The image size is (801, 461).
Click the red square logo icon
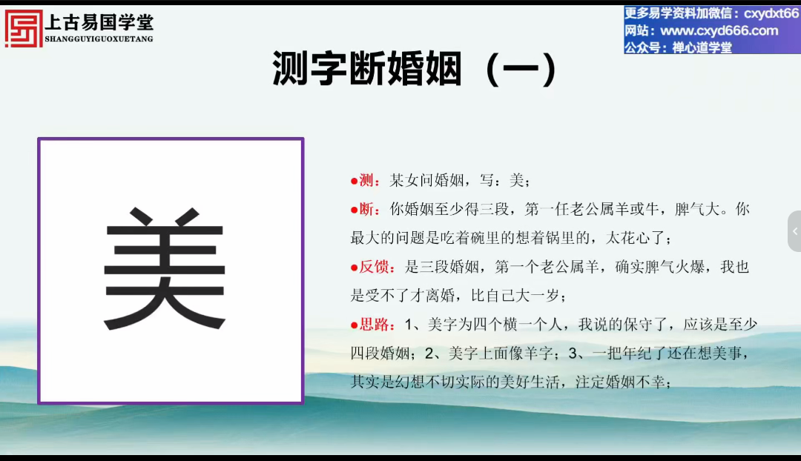click(x=24, y=29)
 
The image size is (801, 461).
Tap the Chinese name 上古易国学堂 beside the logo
click(x=99, y=22)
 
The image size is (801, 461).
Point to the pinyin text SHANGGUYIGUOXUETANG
click(x=99, y=39)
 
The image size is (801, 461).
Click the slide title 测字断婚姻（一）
click(x=415, y=68)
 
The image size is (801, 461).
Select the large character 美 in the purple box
click(x=165, y=269)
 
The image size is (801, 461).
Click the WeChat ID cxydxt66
click(x=771, y=13)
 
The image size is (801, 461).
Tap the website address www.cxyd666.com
click(x=719, y=30)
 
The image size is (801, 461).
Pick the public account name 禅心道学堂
click(x=702, y=47)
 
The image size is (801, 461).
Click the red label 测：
click(x=365, y=180)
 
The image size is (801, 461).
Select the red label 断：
click(x=365, y=209)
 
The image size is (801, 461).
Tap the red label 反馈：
click(x=373, y=267)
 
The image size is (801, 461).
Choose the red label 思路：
click(x=373, y=325)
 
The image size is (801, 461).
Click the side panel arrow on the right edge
click(x=795, y=231)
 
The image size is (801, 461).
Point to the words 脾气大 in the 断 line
click(x=696, y=209)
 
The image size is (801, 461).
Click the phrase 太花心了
click(x=636, y=238)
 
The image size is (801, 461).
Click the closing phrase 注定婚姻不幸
click(x=619, y=382)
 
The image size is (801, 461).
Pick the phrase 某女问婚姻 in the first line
click(x=426, y=180)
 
